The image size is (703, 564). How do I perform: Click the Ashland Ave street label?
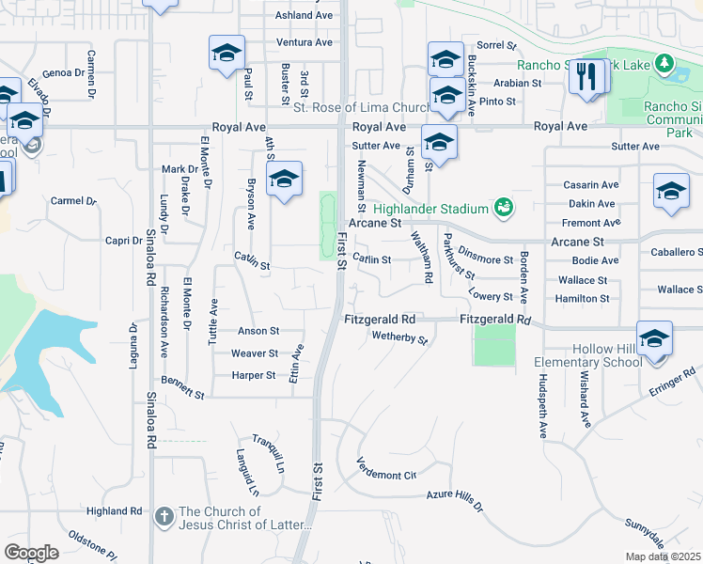pos(304,16)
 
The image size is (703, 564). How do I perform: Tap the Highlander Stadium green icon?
pos(504,207)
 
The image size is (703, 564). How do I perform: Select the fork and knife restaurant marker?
pos(587,77)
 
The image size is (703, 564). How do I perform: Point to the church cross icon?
pos(164,516)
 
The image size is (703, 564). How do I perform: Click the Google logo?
pos(31,553)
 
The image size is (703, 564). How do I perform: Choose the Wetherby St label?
pos(399,336)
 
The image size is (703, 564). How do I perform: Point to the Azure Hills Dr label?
pos(454,498)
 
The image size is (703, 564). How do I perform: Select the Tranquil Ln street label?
pos(268,453)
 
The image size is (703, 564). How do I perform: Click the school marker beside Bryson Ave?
pos(283,179)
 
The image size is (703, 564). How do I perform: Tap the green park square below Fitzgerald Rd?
pos(495,346)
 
